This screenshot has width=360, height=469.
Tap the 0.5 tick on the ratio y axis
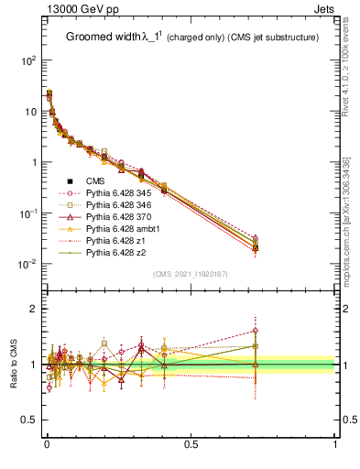[29, 420]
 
